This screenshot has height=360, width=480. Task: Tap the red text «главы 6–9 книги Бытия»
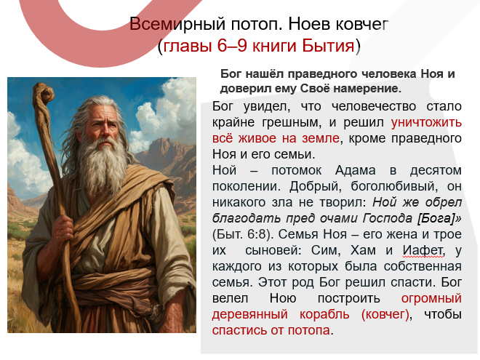[x=258, y=47]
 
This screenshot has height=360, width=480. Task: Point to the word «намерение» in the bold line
[x=368, y=89]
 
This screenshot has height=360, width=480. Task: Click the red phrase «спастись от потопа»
[x=271, y=330]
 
